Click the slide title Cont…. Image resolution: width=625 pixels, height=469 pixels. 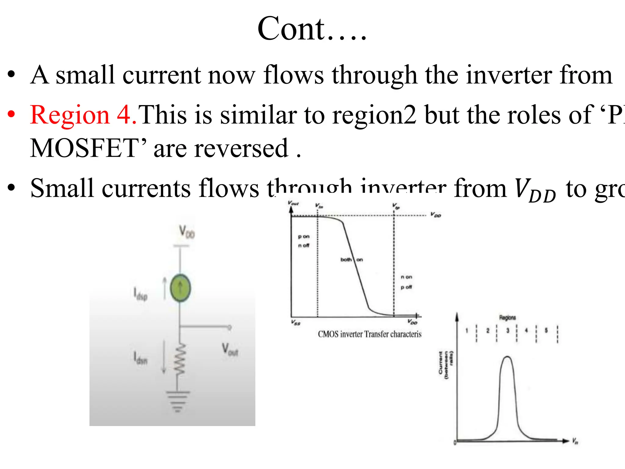pos(312,29)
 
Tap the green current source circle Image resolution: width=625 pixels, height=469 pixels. pos(180,288)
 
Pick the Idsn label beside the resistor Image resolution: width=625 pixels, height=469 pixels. pos(140,358)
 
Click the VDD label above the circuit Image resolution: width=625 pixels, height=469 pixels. pos(186,232)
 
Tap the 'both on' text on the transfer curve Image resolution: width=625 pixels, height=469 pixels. pos(352,260)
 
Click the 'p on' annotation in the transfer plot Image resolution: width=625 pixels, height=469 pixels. pos(304,237)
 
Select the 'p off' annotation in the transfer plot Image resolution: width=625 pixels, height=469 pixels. pos(406,287)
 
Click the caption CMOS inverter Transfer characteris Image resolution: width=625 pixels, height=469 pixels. pos(369,334)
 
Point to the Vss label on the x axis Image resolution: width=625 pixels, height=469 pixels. pos(296,322)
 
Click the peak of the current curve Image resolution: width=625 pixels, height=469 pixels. pos(507,357)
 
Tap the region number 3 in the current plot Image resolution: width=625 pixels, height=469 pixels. pos(508,330)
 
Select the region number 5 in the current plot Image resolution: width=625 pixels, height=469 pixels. pos(546,330)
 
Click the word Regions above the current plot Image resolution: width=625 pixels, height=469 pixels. pos(507,318)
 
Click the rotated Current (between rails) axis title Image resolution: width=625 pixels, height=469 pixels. pos(446,365)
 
